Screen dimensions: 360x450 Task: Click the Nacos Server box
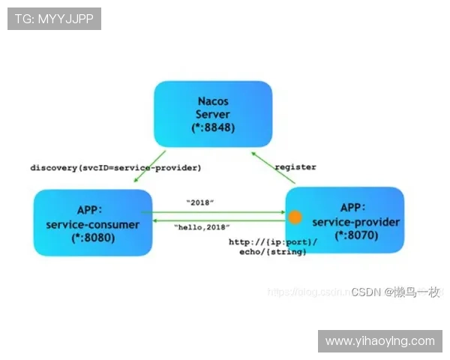213,113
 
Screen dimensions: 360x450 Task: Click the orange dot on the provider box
295,217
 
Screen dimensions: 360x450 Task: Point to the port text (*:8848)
214,128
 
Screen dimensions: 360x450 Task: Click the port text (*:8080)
93,238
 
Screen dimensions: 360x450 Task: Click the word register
295,166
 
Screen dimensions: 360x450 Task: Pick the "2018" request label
199,202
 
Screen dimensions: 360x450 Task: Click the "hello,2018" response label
202,226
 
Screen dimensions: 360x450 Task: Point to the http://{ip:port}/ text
273,241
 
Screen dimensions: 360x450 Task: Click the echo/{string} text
273,252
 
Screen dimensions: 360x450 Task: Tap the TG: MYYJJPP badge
54,18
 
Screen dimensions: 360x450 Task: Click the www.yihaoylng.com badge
379,341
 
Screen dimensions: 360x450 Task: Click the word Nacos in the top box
214,100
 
